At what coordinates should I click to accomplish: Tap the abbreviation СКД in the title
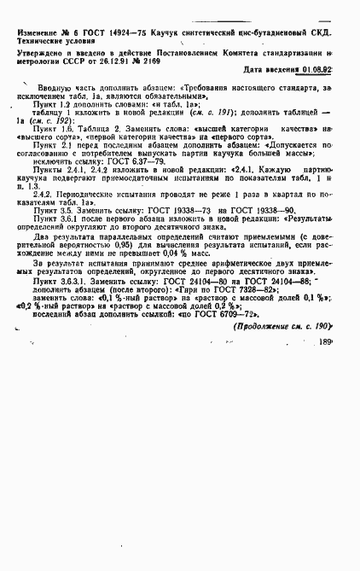316,32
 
